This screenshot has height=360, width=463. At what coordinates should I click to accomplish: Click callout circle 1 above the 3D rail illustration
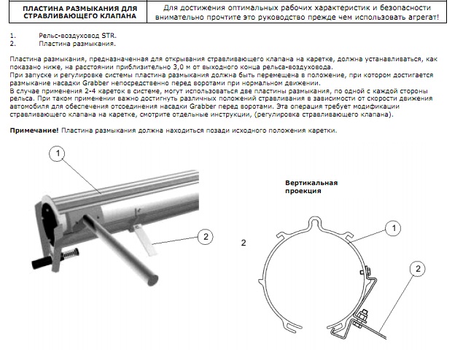point(58,154)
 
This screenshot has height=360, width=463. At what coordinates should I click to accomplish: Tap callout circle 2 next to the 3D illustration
point(206,237)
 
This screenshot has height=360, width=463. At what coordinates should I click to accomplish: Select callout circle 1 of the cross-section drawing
point(393,228)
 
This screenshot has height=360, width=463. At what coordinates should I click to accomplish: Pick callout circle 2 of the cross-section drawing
point(418,269)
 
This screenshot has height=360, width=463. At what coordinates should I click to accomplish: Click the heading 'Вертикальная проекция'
point(311,187)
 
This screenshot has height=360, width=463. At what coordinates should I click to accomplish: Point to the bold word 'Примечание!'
point(34,130)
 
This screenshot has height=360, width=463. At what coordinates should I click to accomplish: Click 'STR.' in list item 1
point(109,36)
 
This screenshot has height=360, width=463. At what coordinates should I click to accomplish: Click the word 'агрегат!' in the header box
point(424,17)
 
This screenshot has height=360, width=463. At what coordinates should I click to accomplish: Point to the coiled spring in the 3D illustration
point(71,254)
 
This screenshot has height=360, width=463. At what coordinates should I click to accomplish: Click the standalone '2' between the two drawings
point(244,243)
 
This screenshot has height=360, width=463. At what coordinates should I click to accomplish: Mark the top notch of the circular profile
point(315,222)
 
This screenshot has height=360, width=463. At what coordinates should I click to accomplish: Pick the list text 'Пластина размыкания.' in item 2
point(77,44)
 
